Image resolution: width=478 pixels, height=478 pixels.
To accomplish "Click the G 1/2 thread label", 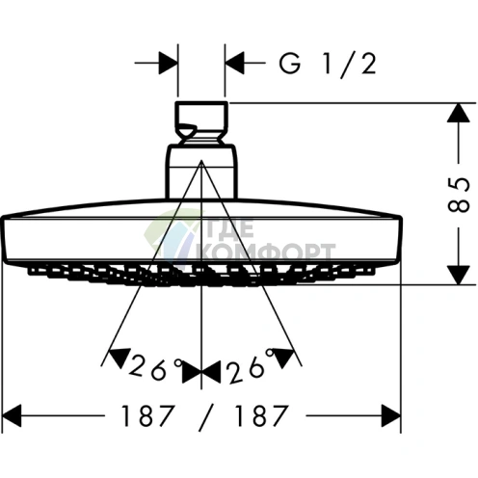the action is [x=328, y=65].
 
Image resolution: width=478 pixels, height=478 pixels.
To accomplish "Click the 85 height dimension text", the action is [x=459, y=194].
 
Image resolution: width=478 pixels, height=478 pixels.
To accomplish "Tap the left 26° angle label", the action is [x=156, y=366].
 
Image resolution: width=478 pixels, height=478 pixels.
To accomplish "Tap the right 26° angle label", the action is [x=250, y=366].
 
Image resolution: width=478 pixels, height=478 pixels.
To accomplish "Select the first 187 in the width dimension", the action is [x=148, y=415].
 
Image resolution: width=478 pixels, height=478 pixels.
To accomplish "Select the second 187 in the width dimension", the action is [x=260, y=415].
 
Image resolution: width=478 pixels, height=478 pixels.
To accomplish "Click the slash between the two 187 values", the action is [x=205, y=416].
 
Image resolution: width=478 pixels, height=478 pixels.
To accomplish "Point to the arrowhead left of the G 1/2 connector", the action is [x=168, y=63].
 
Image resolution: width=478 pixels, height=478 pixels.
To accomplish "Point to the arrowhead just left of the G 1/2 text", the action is [x=235, y=63].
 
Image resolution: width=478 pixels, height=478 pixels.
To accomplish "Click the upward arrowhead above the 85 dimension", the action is [x=459, y=113].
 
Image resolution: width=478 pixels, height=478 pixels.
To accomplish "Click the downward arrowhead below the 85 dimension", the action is [x=459, y=276].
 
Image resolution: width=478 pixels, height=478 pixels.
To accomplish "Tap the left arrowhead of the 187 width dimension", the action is [x=12, y=415].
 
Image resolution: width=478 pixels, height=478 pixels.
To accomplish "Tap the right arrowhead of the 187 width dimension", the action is [x=391, y=415].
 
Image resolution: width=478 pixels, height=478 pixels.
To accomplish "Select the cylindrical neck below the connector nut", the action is [x=201, y=172].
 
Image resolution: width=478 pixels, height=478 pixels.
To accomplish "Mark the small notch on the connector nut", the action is [x=188, y=130].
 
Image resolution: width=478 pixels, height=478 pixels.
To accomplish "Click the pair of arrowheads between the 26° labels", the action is [x=201, y=371].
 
